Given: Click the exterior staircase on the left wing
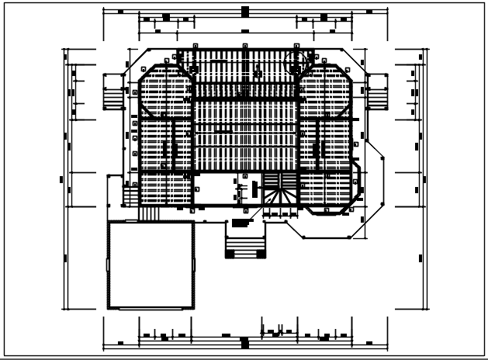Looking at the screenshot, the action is click(113, 92).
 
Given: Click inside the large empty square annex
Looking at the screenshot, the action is click(150, 264).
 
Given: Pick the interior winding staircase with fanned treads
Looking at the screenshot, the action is click(280, 193).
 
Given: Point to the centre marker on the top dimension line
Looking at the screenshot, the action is click(244, 11).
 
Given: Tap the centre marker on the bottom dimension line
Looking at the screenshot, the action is click(244, 341).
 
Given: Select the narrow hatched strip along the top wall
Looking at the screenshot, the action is click(244, 57).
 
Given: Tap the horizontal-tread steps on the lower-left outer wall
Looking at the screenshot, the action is click(113, 193).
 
